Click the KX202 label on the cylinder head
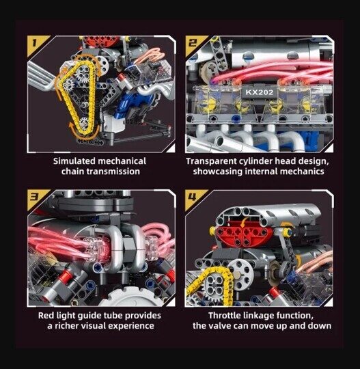pos(260,92)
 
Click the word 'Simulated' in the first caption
pos(74,161)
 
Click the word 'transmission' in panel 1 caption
pos(113,172)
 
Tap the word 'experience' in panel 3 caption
pos(131,327)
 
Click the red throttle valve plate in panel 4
pos(245,236)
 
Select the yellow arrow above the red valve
pos(244,222)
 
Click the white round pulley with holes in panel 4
pos(241,275)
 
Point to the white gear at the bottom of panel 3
pos(133,297)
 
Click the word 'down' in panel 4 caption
pos(320,326)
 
